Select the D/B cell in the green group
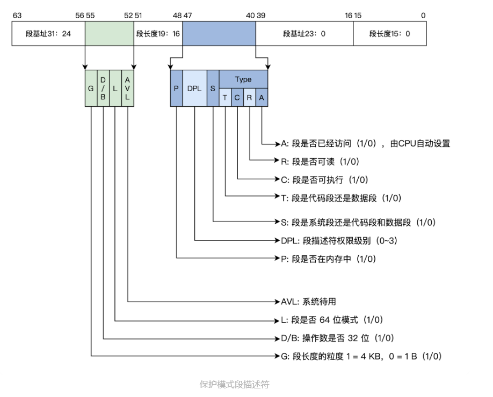coord(103,89)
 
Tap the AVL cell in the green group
coord(127,89)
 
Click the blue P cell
coord(176,89)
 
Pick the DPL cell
coord(194,89)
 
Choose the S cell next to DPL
coord(213,89)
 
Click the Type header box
coord(243,79)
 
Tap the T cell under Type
coord(225,97)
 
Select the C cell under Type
coord(237,97)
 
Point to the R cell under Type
coord(249,97)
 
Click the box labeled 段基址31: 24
coord(48,34)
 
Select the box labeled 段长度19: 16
coord(158,34)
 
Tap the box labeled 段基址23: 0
coord(304,34)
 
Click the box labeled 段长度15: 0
coord(389,34)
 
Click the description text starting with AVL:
coord(306,302)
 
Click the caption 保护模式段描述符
coord(234,384)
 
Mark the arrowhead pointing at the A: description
coord(277,143)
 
